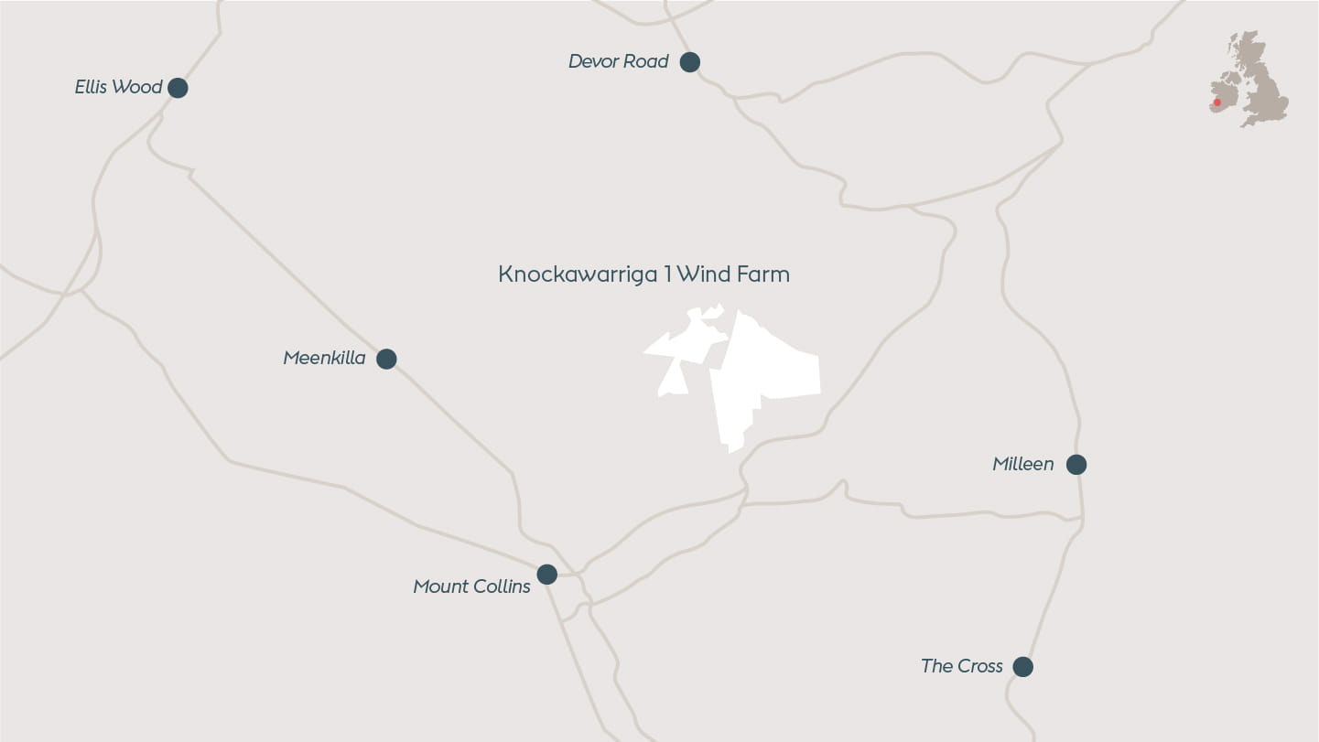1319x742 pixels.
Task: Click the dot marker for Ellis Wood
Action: [178, 88]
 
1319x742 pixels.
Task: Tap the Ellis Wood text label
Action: [118, 87]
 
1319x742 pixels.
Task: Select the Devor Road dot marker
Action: [690, 62]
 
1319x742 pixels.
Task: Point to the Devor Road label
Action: [618, 61]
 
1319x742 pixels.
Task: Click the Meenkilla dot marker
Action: [386, 359]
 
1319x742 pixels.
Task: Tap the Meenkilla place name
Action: [324, 358]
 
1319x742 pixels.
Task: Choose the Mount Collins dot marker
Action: [546, 575]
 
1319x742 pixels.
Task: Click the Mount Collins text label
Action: [471, 586]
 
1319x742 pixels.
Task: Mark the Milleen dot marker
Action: [1076, 465]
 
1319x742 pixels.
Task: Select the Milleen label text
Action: [1022, 464]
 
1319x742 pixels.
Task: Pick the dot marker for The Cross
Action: [1023, 667]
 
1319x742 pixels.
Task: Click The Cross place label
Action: [961, 666]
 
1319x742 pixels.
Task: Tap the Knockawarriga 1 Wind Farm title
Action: [643, 274]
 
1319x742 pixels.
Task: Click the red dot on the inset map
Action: [1217, 102]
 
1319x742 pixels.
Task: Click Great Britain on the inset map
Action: [1263, 87]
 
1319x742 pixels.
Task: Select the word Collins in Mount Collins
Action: [503, 586]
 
